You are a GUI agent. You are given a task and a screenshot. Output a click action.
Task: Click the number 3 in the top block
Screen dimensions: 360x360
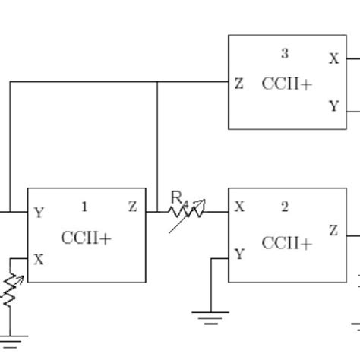click(x=285, y=53)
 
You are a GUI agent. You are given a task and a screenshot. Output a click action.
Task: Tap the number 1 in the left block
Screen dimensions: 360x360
click(x=84, y=207)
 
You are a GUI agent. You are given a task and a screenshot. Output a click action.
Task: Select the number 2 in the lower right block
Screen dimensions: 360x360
click(x=285, y=207)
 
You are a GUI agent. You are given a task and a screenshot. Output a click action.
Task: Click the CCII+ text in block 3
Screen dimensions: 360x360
click(x=286, y=84)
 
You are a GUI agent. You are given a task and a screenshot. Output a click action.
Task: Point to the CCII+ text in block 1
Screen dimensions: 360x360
click(x=86, y=238)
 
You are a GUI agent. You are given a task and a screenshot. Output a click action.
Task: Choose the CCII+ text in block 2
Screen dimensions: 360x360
click(x=286, y=243)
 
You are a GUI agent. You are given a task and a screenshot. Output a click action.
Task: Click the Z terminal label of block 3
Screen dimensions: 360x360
click(x=239, y=84)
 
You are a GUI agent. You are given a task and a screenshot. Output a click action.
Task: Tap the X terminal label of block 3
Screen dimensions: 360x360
click(x=333, y=58)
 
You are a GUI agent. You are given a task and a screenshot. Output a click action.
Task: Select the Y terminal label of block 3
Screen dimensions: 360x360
click(x=333, y=107)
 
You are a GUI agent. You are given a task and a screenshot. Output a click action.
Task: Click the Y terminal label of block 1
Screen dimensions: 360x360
click(x=39, y=213)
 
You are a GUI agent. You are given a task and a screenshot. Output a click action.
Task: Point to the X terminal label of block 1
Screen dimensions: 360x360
click(x=39, y=259)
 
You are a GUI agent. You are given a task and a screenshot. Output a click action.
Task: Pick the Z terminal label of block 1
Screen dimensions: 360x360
click(x=133, y=207)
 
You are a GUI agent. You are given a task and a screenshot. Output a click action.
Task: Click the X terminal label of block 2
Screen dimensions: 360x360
click(x=240, y=207)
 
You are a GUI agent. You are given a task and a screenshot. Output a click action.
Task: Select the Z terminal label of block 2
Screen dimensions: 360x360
click(x=333, y=230)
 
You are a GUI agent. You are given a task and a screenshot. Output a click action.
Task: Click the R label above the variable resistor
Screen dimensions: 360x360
click(x=177, y=197)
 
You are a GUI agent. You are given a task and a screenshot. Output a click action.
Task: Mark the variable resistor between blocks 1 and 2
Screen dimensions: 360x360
click(x=186, y=212)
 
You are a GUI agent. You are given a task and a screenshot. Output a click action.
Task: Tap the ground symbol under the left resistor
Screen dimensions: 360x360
click(x=11, y=334)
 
